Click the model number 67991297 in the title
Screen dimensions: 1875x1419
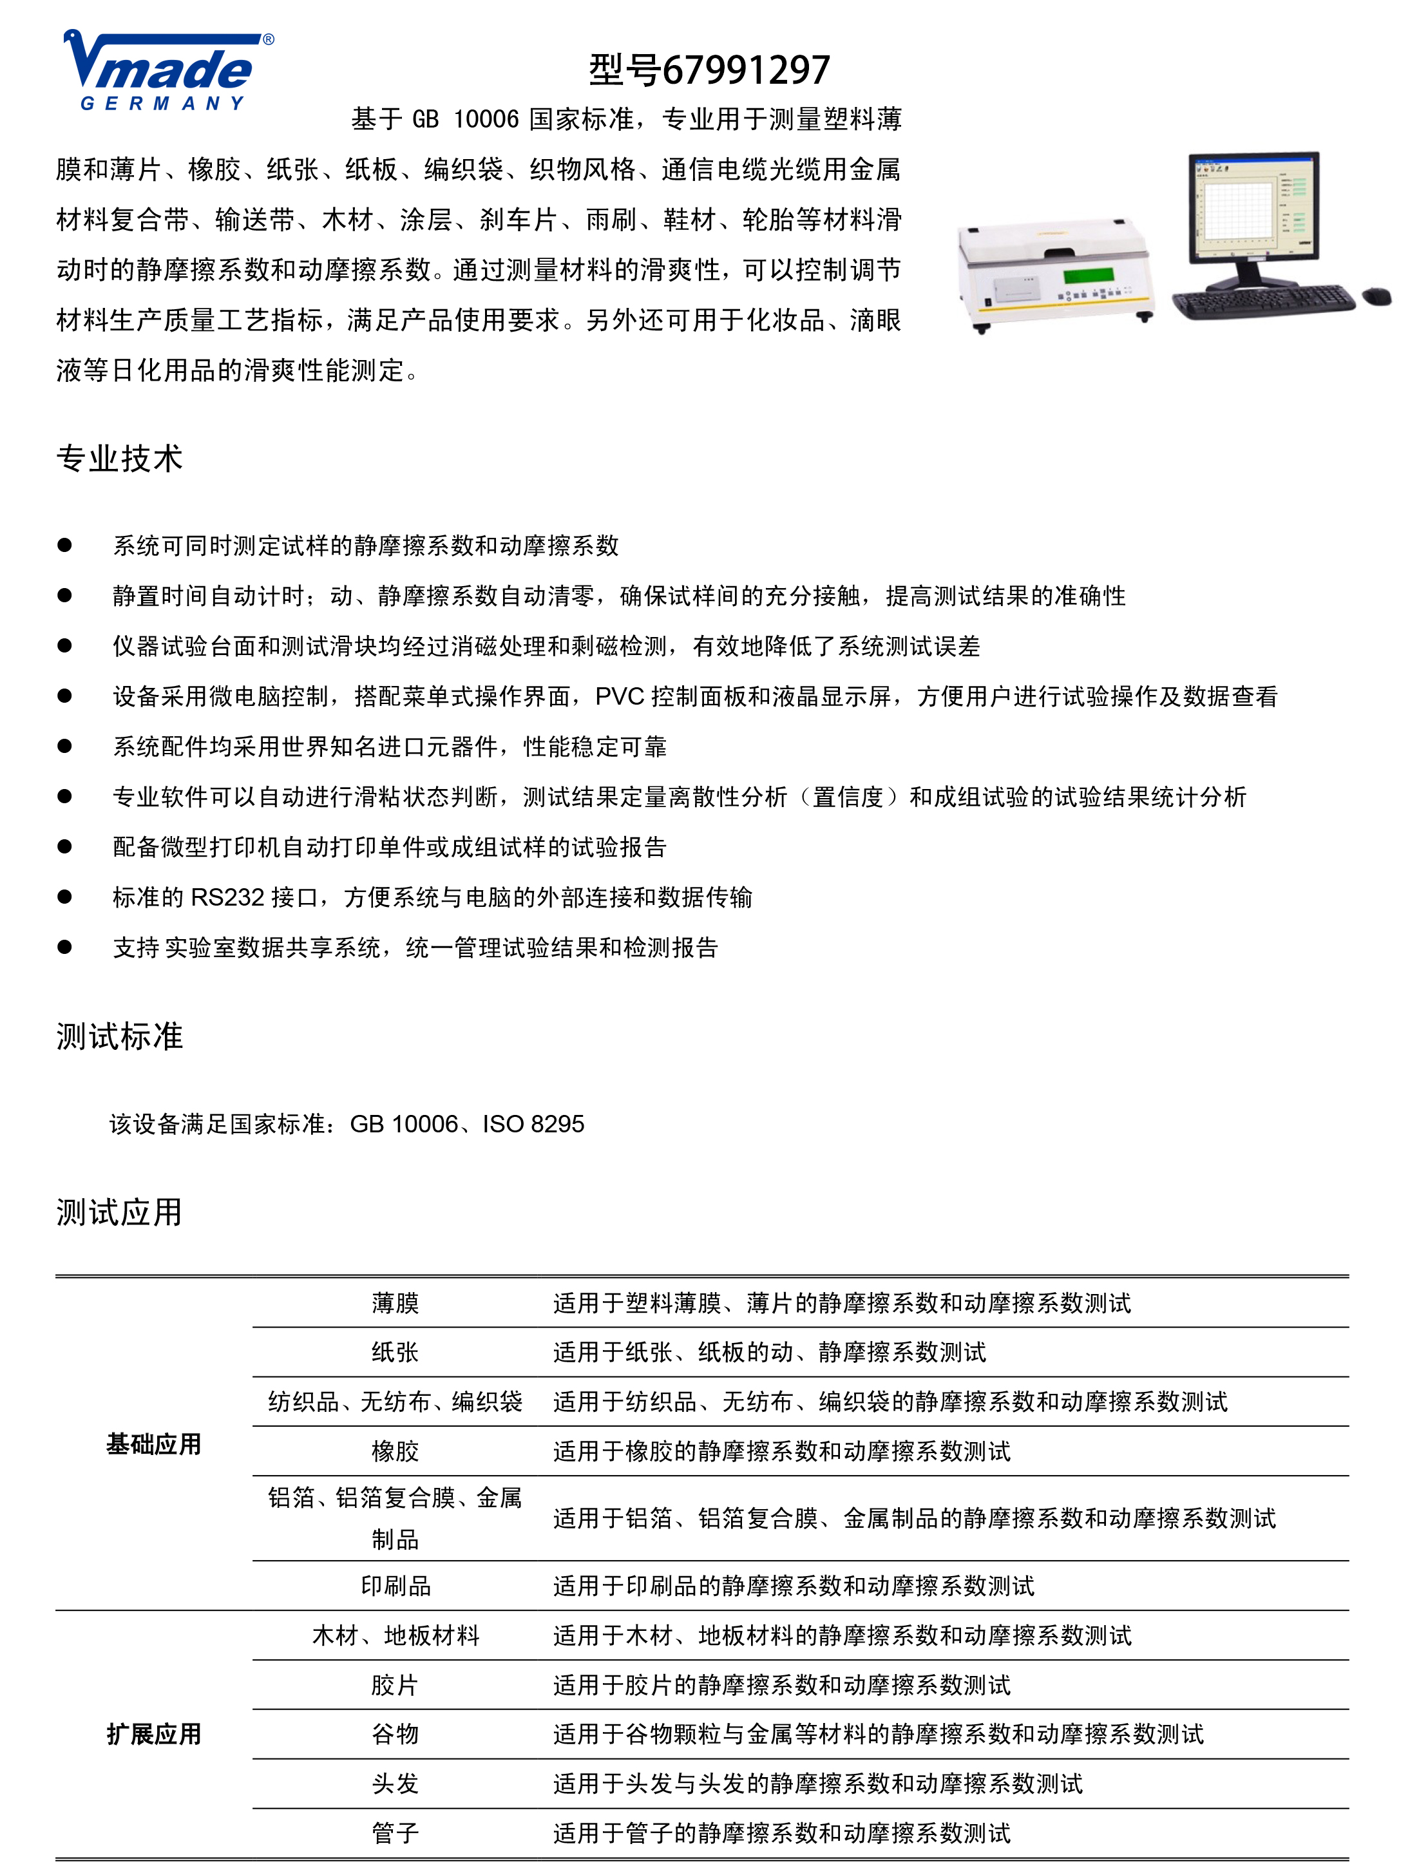[745, 70]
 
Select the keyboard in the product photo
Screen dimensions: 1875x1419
[1264, 301]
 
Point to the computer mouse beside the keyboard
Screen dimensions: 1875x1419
[1376, 296]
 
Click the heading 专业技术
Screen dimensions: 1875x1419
[120, 459]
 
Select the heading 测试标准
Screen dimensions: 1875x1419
[120, 1036]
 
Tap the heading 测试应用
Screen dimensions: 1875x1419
[120, 1212]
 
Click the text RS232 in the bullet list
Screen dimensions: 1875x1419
[227, 897]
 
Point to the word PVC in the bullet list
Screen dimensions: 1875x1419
[619, 696]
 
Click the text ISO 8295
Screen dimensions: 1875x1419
[533, 1124]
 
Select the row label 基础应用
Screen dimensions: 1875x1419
[153, 1443]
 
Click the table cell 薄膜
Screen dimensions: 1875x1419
[395, 1303]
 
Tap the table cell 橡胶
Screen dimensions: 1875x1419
[395, 1451]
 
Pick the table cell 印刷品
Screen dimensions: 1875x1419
[395, 1585]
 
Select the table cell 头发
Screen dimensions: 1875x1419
[395, 1784]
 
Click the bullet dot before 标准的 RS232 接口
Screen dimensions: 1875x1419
[64, 897]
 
